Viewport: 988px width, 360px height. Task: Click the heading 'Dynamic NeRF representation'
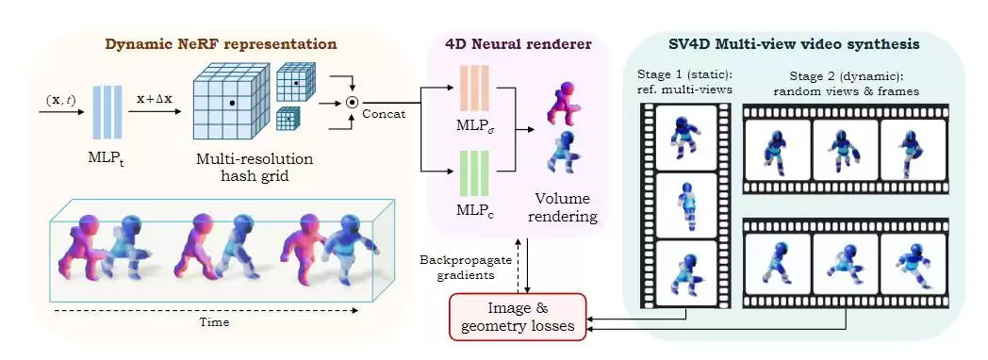tap(221, 44)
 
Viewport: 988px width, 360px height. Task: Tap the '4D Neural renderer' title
tap(518, 44)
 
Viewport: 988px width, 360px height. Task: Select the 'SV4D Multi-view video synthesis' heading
tap(793, 44)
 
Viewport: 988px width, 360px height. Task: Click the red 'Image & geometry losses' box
tap(518, 317)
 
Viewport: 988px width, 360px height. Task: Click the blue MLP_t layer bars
tap(107, 112)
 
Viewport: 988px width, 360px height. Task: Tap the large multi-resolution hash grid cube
tap(229, 103)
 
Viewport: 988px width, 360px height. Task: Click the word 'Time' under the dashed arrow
tap(212, 323)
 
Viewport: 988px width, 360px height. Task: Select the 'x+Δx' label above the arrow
tap(155, 100)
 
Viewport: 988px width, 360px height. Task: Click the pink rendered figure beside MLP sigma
tap(560, 105)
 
